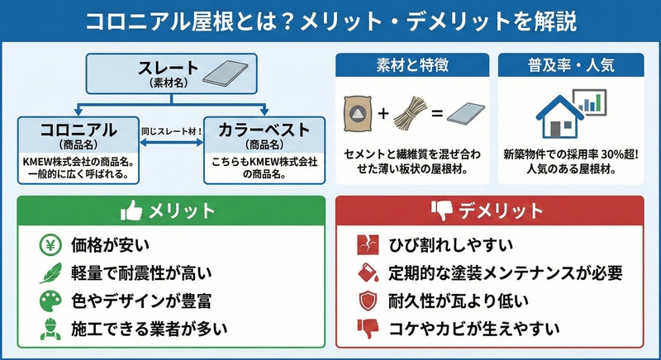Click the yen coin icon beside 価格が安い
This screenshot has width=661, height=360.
pos(50,244)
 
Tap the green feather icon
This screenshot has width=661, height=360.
pos(50,272)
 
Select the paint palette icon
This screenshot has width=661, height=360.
pos(50,301)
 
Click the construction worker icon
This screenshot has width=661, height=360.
pos(50,329)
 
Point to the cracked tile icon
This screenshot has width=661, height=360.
pos(368,244)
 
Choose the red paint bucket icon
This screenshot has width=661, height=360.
pos(368,272)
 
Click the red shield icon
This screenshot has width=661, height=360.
pos(368,301)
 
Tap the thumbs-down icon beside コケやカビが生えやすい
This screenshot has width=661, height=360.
pos(368,329)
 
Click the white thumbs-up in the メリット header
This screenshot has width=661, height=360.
pos(131,210)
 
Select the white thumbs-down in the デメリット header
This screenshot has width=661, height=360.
pos(442,211)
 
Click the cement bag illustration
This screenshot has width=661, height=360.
pos(358,114)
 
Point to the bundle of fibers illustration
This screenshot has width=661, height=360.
pos(409,113)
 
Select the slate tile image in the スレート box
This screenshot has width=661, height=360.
pos(226,73)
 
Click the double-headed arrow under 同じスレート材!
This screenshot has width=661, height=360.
pos(171,143)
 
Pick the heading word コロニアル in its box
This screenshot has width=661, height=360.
pos(78,130)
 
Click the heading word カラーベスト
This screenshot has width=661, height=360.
pos(264,130)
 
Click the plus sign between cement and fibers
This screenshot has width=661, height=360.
pos(383,113)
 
